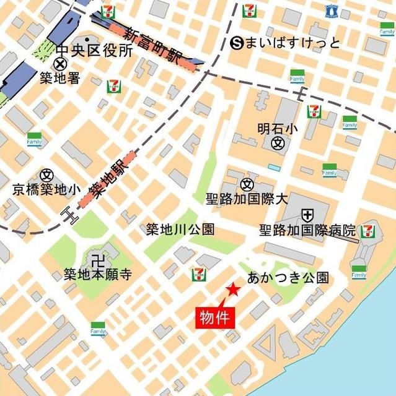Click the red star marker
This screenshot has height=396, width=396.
coord(232,290)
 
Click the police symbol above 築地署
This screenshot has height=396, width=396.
coord(60,64)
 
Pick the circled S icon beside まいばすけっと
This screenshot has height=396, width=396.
coord(236,43)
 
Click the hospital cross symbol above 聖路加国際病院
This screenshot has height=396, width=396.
coord(307,215)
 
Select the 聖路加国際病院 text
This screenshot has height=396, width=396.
coord(308,231)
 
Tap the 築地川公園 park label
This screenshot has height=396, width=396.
coord(180,230)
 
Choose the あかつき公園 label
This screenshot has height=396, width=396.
coord(288,277)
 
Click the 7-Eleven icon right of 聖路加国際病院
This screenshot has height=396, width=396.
coord(369,231)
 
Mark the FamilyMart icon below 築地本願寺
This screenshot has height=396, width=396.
coord(98,329)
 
